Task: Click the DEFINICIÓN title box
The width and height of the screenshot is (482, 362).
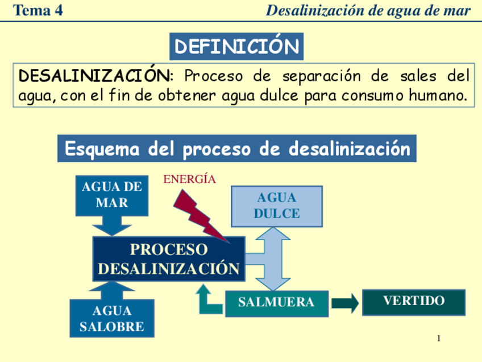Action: point(236,47)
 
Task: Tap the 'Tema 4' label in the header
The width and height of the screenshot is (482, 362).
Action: point(38,10)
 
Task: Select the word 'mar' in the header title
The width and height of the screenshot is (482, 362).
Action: point(459,10)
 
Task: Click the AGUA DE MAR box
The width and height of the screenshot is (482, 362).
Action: point(112,195)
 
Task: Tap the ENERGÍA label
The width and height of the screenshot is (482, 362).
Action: point(189,179)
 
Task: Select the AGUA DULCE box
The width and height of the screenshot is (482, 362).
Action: point(277,206)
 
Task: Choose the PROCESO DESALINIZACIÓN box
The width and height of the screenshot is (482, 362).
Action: point(169,259)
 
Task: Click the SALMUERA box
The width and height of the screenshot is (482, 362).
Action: point(276,303)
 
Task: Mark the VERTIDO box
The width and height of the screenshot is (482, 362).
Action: point(414,301)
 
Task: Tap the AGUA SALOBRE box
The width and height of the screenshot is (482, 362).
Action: point(112,319)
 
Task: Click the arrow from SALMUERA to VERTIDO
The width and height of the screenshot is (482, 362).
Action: point(345,303)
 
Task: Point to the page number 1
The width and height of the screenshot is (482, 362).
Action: point(439,339)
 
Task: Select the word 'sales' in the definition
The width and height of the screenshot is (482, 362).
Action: point(417,76)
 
